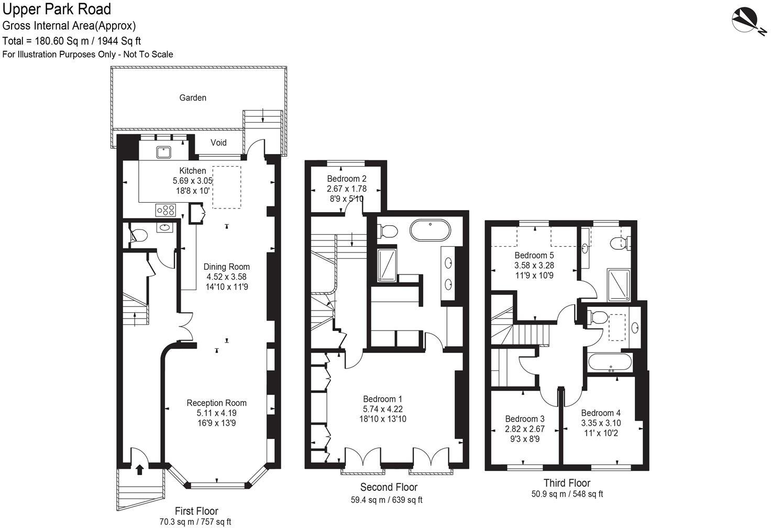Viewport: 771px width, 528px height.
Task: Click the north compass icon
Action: [748, 21]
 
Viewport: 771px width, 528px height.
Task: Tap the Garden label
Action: [193, 98]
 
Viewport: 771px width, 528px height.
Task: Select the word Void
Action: [218, 142]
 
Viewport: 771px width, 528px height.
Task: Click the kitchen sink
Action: [162, 152]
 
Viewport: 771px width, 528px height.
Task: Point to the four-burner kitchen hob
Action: [166, 210]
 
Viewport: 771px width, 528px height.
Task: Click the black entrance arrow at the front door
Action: [140, 469]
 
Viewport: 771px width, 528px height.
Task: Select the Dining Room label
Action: [226, 267]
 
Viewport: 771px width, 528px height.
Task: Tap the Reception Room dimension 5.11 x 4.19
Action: [216, 413]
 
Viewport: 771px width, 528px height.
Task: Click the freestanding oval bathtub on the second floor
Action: [430, 230]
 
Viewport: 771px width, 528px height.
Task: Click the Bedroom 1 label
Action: [382, 398]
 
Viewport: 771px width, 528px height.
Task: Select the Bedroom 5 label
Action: [534, 255]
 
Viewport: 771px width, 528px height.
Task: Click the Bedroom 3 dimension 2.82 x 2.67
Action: [524, 428]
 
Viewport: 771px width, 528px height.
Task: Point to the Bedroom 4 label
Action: [600, 413]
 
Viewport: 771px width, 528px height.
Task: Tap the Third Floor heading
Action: [567, 483]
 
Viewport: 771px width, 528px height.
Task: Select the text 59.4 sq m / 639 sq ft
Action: [386, 500]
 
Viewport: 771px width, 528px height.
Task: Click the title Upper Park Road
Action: [57, 9]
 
